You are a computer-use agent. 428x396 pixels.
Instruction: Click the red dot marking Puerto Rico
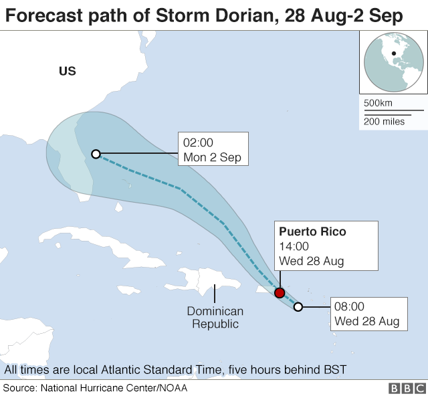click(280, 293)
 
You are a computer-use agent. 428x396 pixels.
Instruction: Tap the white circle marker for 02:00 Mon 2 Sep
click(96, 154)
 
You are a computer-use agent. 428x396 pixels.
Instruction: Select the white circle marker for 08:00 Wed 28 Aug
click(298, 307)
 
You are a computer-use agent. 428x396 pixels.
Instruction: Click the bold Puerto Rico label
click(312, 232)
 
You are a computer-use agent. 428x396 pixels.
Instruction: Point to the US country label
click(68, 72)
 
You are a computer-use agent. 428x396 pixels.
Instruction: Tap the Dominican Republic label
click(215, 318)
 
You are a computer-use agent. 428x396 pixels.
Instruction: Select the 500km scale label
click(378, 104)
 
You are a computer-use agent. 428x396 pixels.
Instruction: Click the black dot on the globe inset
click(394, 54)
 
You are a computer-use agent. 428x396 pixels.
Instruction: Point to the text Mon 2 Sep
click(212, 158)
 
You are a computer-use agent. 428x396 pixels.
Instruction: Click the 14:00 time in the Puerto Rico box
click(293, 247)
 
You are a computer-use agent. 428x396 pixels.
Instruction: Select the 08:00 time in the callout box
click(349, 307)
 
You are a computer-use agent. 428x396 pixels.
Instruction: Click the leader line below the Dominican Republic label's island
click(215, 294)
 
